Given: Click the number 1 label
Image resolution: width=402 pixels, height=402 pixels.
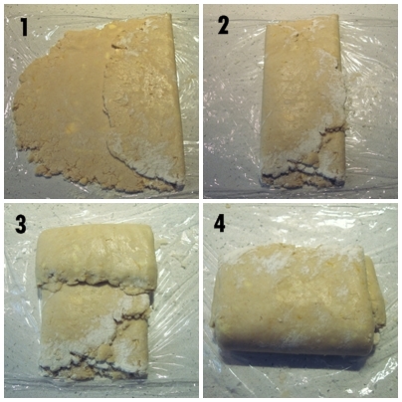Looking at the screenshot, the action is point(24,27).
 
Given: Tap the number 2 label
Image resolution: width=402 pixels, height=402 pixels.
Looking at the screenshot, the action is point(223,26).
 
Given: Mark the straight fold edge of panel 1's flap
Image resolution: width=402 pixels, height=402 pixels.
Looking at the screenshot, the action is point(178,100).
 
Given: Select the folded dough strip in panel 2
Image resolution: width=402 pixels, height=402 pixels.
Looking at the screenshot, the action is point(302,100).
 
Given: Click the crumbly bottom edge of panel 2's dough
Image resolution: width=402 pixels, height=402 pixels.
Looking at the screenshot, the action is point(301,174).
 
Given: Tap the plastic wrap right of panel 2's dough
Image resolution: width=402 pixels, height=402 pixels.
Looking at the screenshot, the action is point(371,100).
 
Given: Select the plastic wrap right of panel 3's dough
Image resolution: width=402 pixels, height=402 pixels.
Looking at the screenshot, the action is point(176,299).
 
